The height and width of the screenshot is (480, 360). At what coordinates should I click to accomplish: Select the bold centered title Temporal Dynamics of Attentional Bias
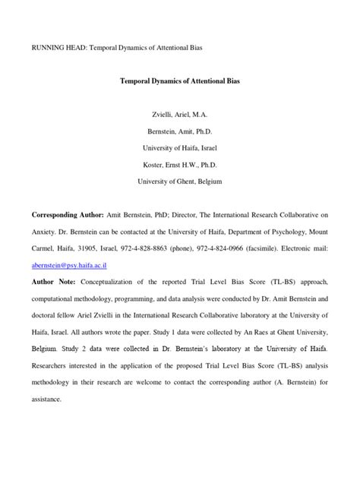(179, 80)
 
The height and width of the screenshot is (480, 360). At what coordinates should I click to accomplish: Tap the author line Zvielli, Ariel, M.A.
(179, 113)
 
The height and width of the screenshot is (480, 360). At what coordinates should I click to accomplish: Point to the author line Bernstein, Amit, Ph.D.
(179, 131)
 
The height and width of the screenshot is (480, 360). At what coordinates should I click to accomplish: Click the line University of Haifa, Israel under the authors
(179, 147)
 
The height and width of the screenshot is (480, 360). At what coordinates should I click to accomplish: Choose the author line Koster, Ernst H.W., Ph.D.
(179, 165)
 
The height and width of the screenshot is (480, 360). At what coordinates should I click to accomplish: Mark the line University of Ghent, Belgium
(179, 182)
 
